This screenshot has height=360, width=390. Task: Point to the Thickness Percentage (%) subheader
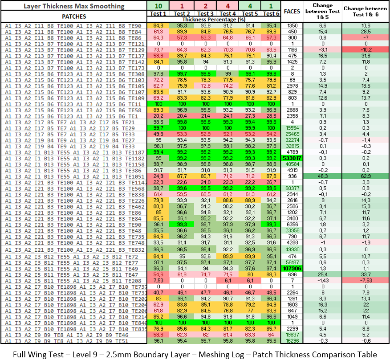(x=214, y=20)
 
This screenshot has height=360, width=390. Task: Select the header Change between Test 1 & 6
(x=365, y=11)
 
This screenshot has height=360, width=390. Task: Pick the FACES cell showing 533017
(x=292, y=158)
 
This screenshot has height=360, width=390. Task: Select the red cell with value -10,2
(x=365, y=49)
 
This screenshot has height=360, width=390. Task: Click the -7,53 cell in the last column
(x=365, y=281)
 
